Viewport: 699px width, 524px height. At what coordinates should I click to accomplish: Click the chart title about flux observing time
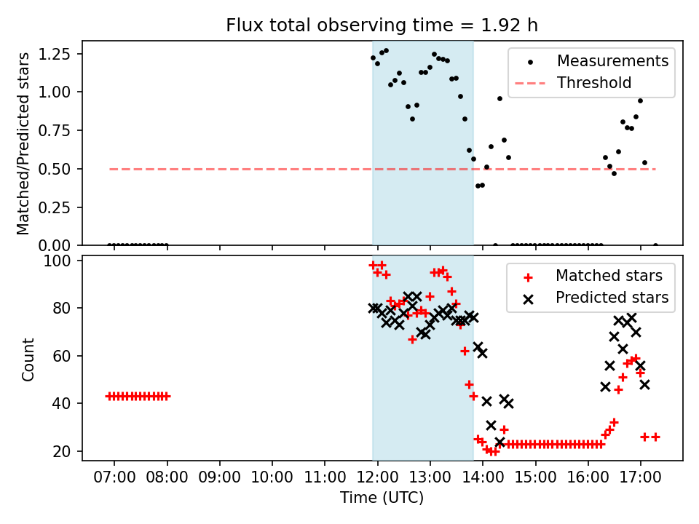tap(382, 25)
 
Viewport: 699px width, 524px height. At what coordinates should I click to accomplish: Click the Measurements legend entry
tap(612, 61)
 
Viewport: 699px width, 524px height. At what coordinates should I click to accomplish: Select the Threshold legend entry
tap(594, 83)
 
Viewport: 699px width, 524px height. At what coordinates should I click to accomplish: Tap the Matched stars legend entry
tap(609, 276)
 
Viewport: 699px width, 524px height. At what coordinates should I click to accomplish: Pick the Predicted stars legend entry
tap(612, 297)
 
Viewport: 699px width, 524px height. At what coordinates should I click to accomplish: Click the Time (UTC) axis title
tap(382, 499)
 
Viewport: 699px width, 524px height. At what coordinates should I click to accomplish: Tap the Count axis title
tap(28, 359)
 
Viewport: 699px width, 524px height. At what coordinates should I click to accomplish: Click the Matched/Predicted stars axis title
tap(24, 143)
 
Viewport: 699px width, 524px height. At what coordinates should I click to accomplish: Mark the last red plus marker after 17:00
tap(655, 437)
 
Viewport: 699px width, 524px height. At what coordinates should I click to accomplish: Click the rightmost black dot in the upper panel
tap(655, 245)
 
